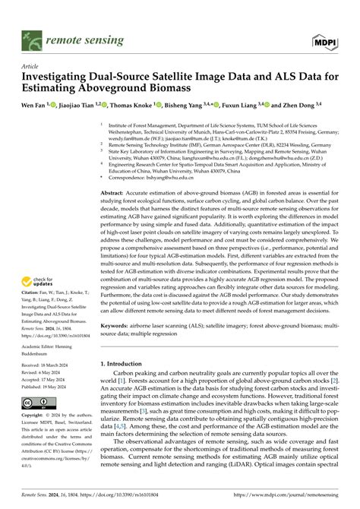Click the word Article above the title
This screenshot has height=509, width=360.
pyautogui.click(x=30, y=66)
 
